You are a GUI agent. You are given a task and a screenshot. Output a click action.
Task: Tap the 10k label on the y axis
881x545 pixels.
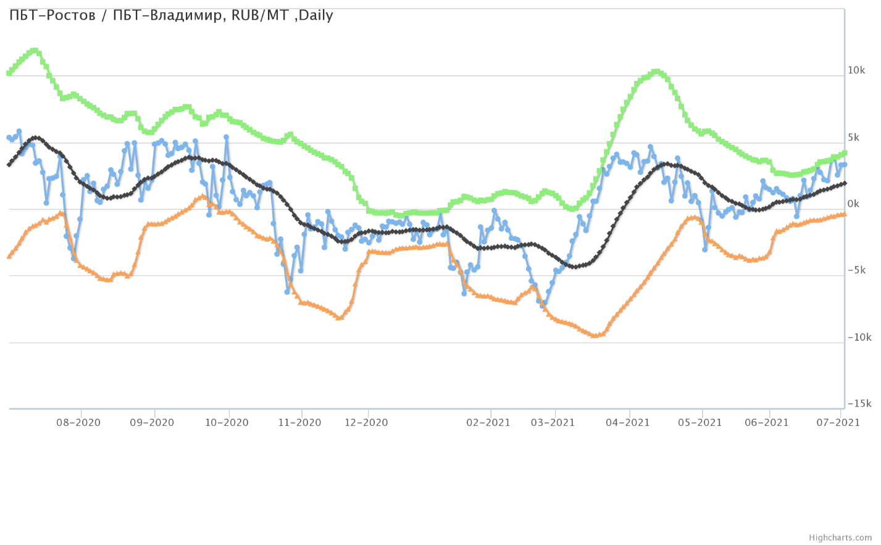tap(856, 70)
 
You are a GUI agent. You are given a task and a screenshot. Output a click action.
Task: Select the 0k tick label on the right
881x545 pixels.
tap(853, 204)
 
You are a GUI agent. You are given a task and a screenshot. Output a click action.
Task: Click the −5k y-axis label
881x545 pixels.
tap(858, 270)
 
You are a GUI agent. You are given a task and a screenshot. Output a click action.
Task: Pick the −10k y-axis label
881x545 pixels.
tap(859, 337)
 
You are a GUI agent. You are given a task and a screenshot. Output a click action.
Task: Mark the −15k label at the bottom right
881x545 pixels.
tap(859, 404)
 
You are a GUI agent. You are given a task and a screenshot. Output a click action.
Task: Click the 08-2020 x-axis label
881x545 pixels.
tap(78, 423)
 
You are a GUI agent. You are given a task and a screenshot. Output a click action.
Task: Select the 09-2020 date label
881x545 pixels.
tap(152, 423)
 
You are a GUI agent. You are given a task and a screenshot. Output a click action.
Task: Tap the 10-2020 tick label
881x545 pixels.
tap(227, 423)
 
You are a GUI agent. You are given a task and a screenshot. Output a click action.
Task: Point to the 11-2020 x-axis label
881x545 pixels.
tap(299, 423)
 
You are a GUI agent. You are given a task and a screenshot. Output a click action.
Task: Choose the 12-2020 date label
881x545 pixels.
tap(366, 423)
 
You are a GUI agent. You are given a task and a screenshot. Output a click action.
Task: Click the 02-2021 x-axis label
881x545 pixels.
tap(488, 423)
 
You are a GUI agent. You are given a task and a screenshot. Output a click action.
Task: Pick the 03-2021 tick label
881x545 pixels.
tap(553, 423)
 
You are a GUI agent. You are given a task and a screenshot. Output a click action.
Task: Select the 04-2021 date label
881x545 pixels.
tap(628, 423)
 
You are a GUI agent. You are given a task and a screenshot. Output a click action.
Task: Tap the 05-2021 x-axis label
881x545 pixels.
tap(700, 423)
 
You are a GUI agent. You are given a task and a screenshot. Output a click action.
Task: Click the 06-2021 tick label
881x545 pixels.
tap(767, 423)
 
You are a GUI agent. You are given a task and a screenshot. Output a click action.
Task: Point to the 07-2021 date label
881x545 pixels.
tap(838, 423)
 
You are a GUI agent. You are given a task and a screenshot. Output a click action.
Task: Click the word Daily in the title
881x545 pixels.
tap(315, 15)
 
